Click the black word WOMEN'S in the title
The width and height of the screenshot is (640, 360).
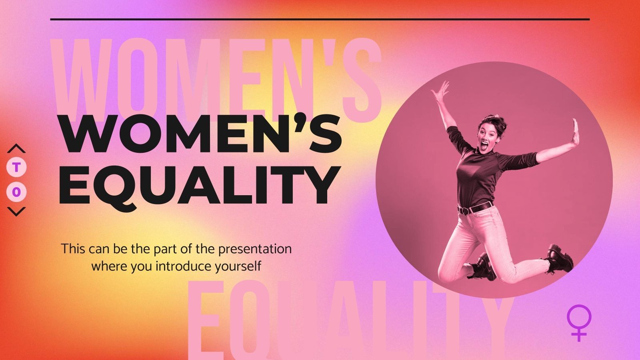pyautogui.click(x=200, y=134)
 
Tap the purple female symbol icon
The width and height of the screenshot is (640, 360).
pyautogui.click(x=579, y=322)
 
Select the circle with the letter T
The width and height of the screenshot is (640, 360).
pyautogui.click(x=16, y=168)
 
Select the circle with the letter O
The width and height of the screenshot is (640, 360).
pyautogui.click(x=16, y=192)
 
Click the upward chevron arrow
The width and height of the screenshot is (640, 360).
pyautogui.click(x=16, y=149)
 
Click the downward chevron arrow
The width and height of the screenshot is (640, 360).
pyautogui.click(x=16, y=211)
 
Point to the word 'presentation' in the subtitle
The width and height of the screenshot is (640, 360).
pyautogui.click(x=255, y=249)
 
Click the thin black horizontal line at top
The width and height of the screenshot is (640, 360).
pyautogui.click(x=320, y=19)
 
